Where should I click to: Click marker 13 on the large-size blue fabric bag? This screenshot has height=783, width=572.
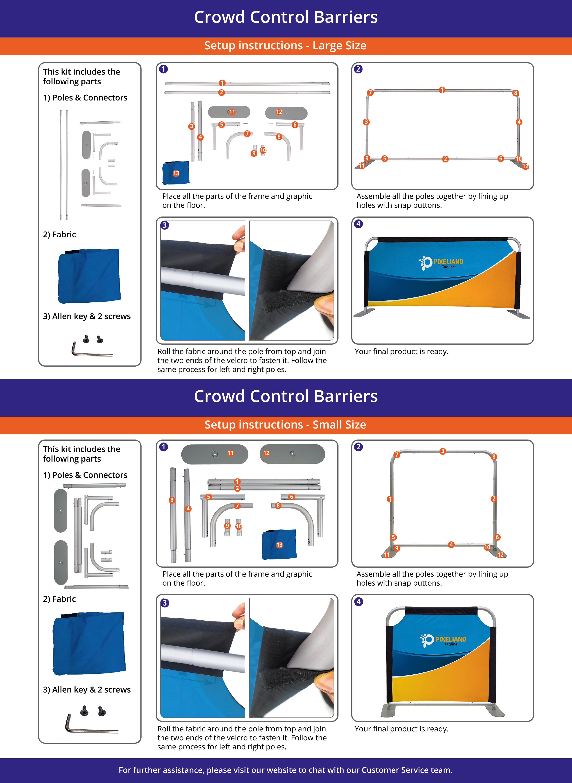[176, 173]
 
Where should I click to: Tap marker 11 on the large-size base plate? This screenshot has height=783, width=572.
[232, 112]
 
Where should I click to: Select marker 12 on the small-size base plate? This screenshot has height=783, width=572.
[266, 453]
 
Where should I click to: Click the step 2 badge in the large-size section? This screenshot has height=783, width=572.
[358, 69]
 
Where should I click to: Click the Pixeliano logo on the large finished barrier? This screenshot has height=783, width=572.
[441, 263]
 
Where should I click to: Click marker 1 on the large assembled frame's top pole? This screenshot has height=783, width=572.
[442, 90]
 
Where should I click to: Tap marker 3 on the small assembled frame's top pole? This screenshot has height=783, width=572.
[443, 451]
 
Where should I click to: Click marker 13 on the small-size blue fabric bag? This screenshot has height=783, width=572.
[279, 545]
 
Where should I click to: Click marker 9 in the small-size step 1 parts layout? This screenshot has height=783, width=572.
[227, 526]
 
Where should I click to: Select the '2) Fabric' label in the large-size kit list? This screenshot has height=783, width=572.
[59, 234]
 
